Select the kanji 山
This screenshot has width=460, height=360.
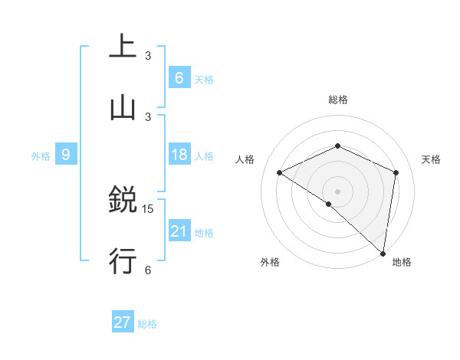tap(123, 108)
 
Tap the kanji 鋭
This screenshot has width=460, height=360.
tap(123, 201)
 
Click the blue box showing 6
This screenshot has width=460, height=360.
tap(179, 77)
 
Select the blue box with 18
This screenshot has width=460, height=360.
tap(179, 155)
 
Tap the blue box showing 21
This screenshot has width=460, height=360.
tap(179, 231)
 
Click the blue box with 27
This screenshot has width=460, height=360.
tap(123, 322)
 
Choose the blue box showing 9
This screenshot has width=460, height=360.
tap(66, 155)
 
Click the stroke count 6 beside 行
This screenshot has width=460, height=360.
tap(148, 269)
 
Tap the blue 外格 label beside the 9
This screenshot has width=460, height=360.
tap(41, 155)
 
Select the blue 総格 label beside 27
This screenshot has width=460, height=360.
tap(147, 323)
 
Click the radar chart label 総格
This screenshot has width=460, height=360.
tap(337, 100)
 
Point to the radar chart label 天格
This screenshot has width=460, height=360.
tap(431, 159)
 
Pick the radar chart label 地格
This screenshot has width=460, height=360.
tap(402, 262)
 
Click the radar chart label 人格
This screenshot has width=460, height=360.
tap(245, 159)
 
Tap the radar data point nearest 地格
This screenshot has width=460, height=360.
tap(383, 253)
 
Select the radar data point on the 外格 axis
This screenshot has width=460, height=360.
tap(328, 204)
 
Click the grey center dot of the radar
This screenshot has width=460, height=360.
tap(337, 190)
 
